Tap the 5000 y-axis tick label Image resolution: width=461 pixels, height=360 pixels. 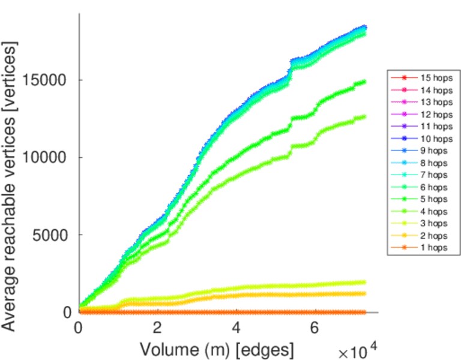[x=50, y=235]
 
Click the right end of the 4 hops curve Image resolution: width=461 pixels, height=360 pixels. [x=364, y=116]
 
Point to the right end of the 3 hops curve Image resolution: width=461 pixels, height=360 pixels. [x=364, y=282]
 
